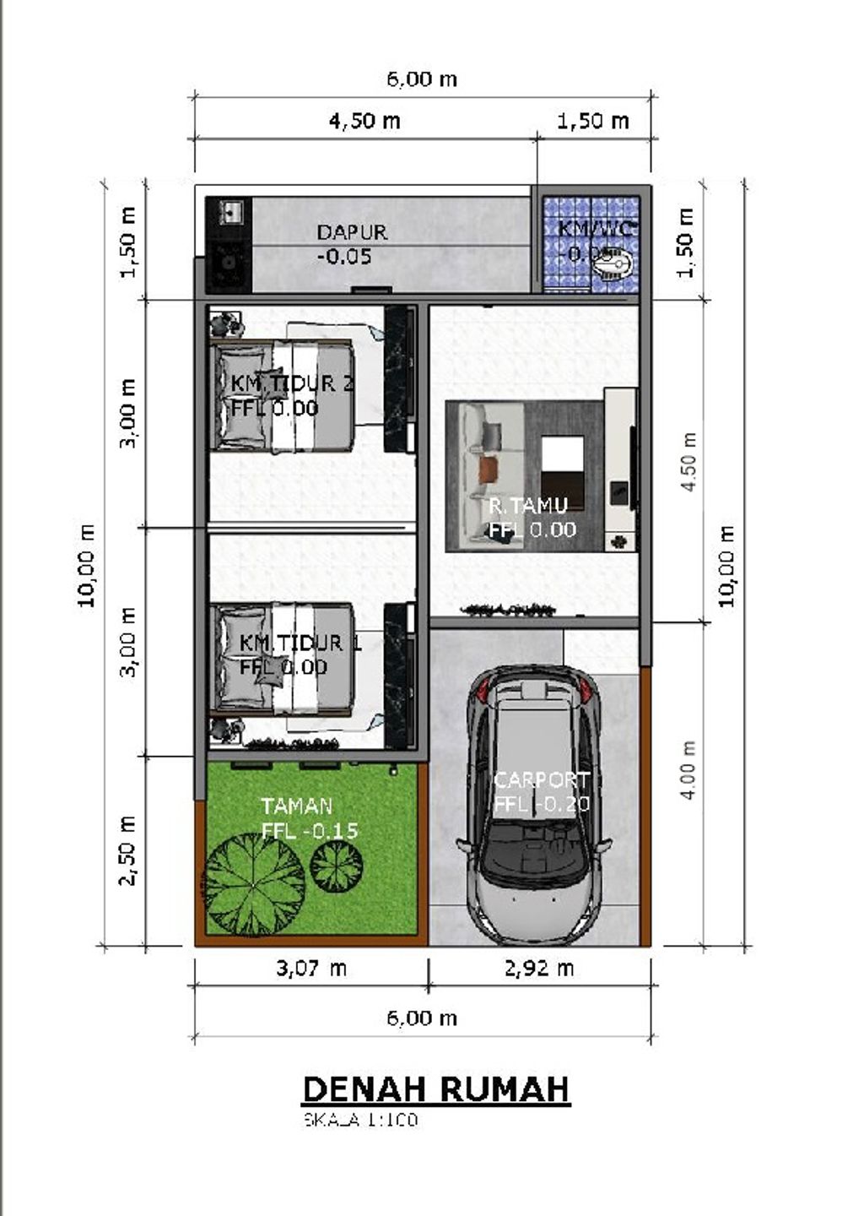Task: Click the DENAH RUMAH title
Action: point(435,1089)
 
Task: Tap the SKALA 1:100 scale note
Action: point(360,1121)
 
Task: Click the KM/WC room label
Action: point(597,230)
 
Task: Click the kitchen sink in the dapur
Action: point(229,212)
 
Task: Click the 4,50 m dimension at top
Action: point(364,121)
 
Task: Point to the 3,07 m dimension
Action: point(311,968)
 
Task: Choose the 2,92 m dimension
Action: point(539,968)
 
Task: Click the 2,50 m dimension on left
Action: point(127,850)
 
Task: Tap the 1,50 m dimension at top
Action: point(592,121)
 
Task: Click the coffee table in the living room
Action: point(562,461)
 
